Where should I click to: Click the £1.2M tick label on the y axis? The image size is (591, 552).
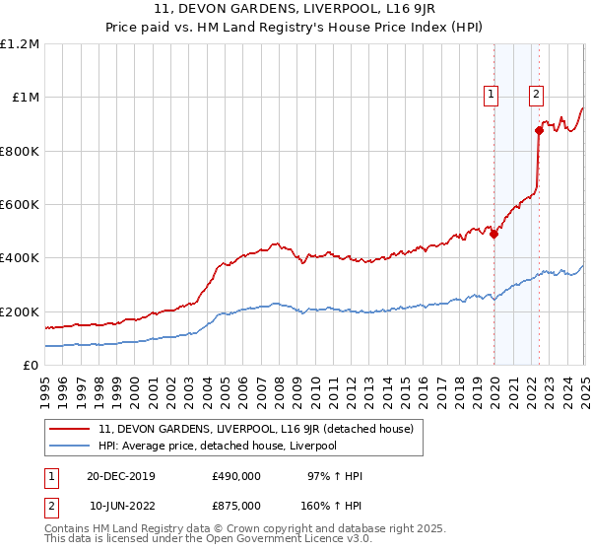pyautogui.click(x=20, y=44)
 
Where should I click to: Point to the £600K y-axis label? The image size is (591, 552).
pyautogui.click(x=20, y=205)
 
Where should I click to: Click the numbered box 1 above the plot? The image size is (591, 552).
pyautogui.click(x=491, y=95)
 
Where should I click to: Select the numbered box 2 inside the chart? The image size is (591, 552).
pyautogui.click(x=536, y=95)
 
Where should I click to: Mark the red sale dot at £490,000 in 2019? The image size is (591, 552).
pyautogui.click(x=494, y=235)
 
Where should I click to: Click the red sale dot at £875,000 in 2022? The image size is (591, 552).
pyautogui.click(x=539, y=130)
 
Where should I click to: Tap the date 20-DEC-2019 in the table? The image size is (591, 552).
pyautogui.click(x=120, y=476)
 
